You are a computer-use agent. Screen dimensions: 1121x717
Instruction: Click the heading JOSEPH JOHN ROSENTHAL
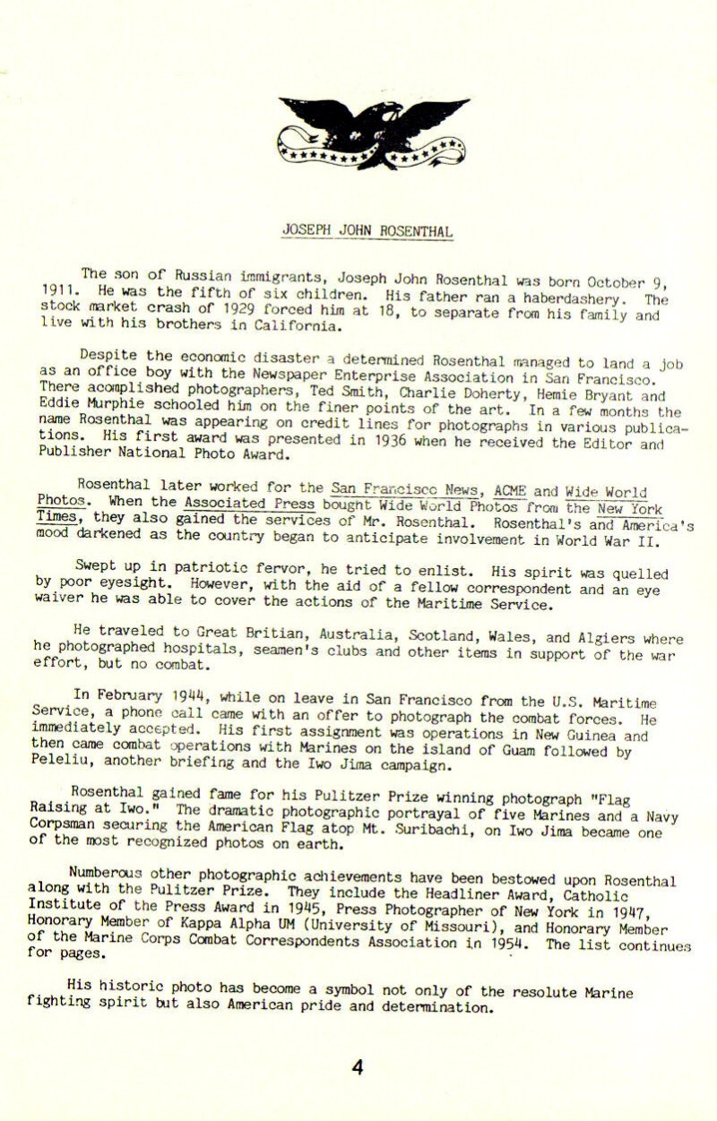367,231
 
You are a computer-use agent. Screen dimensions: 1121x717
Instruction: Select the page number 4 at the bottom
358,1068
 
